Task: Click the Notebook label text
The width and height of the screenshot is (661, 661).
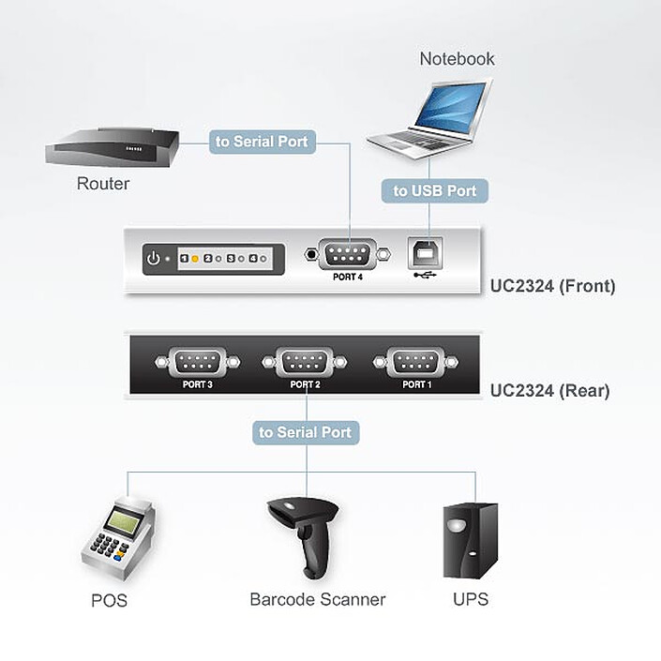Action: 457,58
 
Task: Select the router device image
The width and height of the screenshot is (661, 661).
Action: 111,150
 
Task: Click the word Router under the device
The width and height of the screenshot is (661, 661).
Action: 103,184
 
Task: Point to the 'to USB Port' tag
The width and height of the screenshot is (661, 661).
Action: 434,190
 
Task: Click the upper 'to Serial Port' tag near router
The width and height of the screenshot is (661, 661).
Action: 263,142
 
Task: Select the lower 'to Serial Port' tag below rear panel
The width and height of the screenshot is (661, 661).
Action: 306,432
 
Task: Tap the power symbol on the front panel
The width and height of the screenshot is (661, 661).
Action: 154,258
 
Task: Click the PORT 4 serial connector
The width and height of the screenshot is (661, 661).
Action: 347,253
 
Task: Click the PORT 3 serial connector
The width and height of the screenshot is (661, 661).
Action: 197,361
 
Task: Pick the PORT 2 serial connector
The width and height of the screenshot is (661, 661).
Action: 306,361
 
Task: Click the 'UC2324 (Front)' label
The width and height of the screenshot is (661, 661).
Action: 552,286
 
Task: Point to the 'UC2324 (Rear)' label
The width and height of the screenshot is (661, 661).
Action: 549,391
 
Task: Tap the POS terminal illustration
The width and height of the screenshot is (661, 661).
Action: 117,538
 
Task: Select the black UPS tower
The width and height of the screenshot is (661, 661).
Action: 470,543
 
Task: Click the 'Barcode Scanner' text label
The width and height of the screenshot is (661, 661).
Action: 317,599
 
